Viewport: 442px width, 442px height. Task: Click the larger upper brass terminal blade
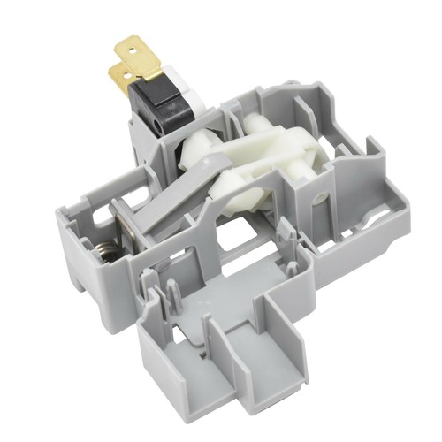coord(141,55)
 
